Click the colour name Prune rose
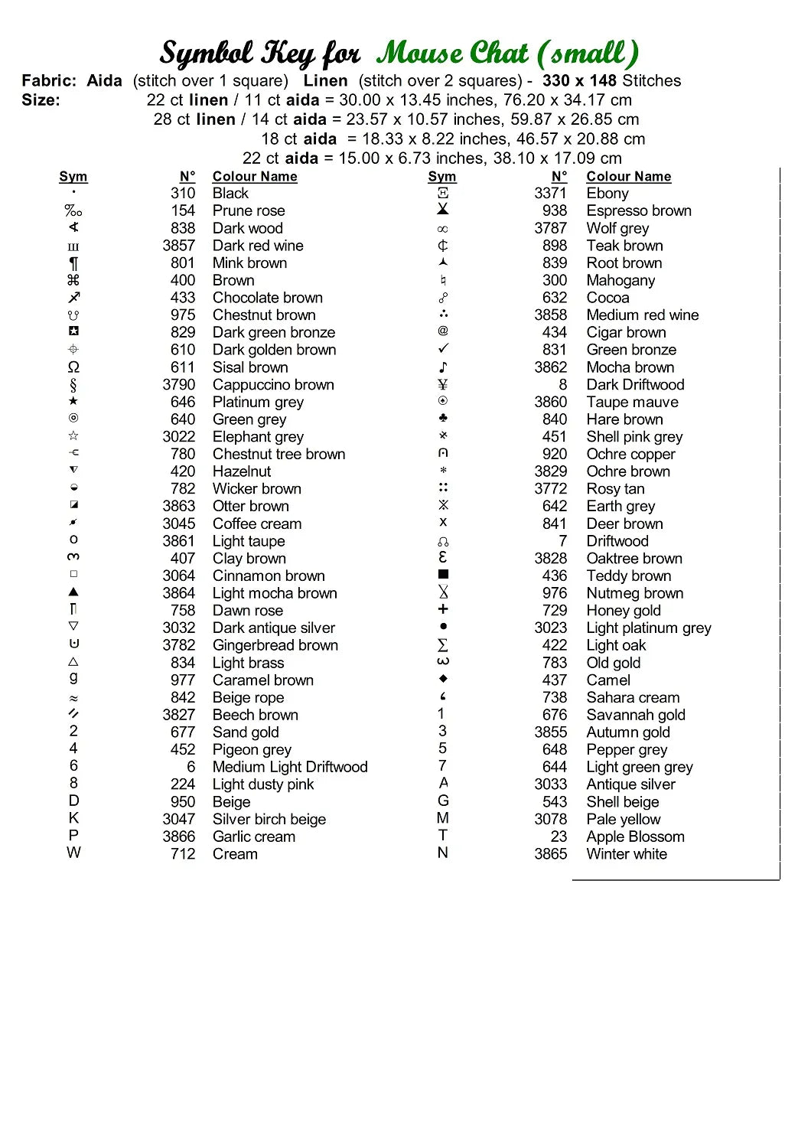click(249, 210)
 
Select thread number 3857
click(178, 246)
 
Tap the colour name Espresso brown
click(639, 210)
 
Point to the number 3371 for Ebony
click(550, 194)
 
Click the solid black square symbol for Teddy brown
click(443, 574)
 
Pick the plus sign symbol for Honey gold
click(443, 609)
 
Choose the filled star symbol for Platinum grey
click(73, 401)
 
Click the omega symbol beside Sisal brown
click(73, 367)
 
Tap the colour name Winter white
click(627, 854)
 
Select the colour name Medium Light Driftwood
click(290, 767)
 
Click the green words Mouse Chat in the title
click(451, 54)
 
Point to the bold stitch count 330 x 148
click(579, 80)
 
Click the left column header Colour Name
click(255, 177)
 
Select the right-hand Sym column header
click(442, 177)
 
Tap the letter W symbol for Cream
click(73, 853)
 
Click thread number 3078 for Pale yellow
click(550, 819)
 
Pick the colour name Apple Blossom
click(635, 837)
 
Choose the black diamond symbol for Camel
click(443, 679)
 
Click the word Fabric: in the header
click(49, 80)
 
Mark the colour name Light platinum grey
click(649, 628)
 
